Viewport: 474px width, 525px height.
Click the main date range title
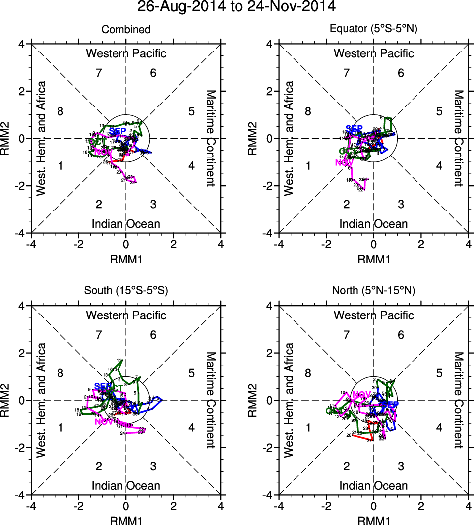237,7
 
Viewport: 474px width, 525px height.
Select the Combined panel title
126,30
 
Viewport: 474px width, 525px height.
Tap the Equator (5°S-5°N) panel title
373,30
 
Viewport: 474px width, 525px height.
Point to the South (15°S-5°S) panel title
126,291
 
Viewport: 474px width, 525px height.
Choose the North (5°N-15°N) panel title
373,291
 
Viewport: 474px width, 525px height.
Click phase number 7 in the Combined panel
99,73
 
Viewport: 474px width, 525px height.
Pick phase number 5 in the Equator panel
439,111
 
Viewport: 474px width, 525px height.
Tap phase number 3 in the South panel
153,466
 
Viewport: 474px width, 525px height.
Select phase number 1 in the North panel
308,427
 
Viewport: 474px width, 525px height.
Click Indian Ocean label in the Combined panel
126,224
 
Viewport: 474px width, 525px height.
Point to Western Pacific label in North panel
373,315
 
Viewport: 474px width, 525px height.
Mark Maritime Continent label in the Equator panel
459,138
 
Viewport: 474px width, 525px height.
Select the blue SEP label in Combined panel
118,131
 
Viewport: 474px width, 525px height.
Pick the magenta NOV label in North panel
361,395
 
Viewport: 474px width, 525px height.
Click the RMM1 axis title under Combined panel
126,259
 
